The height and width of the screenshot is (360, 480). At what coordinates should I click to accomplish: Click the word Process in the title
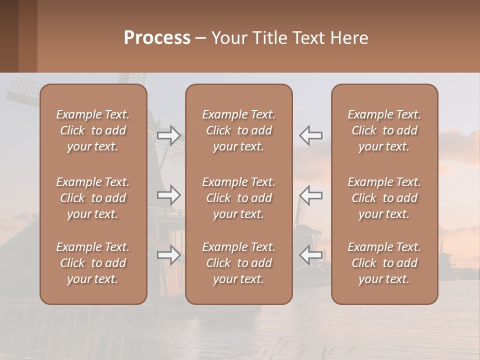tap(157, 38)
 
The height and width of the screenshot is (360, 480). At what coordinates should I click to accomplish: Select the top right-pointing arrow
tap(168, 135)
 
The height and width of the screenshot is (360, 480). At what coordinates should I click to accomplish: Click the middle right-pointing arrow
tap(168, 195)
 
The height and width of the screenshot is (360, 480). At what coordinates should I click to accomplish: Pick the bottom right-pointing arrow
tap(168, 255)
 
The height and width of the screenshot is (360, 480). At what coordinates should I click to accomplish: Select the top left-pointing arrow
tap(311, 135)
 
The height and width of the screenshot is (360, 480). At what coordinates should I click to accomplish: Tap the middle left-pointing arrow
tap(311, 195)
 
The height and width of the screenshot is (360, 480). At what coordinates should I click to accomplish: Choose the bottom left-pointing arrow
tap(311, 255)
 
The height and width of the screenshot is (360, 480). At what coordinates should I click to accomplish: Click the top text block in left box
tap(93, 130)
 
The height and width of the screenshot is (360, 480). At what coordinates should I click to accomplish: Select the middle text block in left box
tap(93, 198)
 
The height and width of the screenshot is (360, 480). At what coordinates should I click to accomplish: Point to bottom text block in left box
tap(93, 263)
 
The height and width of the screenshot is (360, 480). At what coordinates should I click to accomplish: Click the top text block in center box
tap(238, 130)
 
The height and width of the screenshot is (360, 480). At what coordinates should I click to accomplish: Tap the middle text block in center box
tap(238, 198)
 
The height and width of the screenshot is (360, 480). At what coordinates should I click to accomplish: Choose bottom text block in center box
tap(238, 263)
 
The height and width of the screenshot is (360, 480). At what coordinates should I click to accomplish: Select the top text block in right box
tap(384, 130)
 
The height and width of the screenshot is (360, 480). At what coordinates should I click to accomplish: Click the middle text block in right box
tap(384, 198)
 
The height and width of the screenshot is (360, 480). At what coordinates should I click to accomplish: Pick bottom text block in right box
tap(384, 263)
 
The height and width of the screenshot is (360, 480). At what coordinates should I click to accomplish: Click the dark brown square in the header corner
tap(9, 36)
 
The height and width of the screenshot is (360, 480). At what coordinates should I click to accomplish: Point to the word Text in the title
tap(307, 38)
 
